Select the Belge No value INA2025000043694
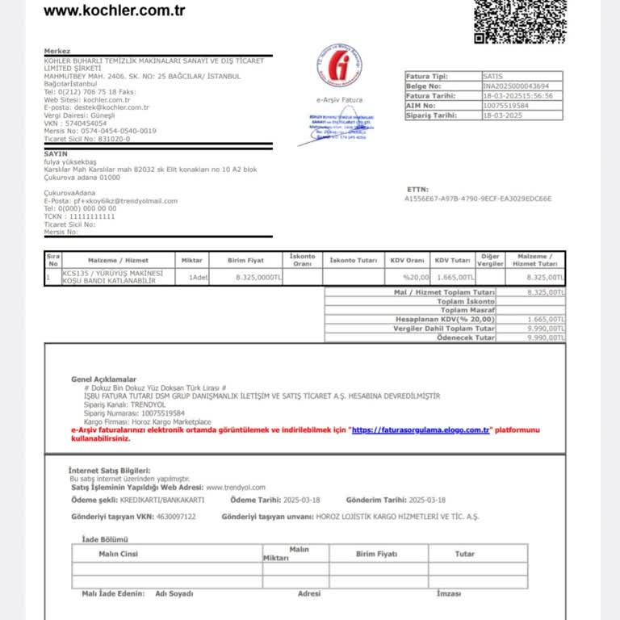[x=516, y=85]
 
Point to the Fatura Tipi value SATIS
[x=492, y=75]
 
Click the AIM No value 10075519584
[x=506, y=105]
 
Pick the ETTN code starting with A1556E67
[x=478, y=198]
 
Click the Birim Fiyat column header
[x=246, y=260]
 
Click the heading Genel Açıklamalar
[x=103, y=379]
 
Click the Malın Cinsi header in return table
[x=119, y=554]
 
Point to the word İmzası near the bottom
[x=448, y=593]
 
